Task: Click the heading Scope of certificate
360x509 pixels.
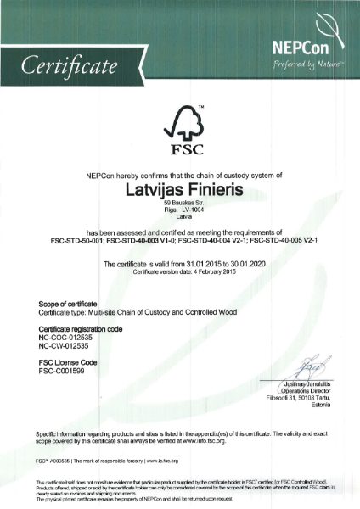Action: pyautogui.click(x=69, y=303)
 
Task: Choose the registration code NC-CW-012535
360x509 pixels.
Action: pyautogui.click(x=68, y=345)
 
